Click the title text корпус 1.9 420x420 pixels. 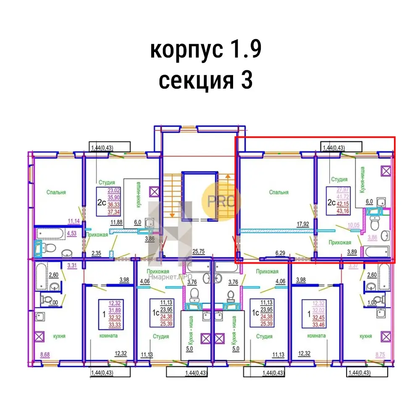(x=206, y=50)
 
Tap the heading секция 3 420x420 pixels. (x=206, y=80)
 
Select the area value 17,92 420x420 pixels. (x=303, y=224)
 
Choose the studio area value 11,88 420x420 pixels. (x=116, y=223)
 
